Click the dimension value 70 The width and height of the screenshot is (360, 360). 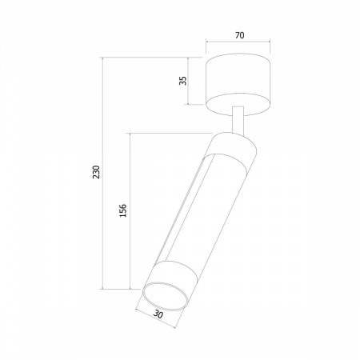(x=239, y=35)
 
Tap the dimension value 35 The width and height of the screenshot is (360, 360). (x=183, y=81)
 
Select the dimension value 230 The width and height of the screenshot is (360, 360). (x=96, y=172)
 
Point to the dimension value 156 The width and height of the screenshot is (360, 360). (x=122, y=210)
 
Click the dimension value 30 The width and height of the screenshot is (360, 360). (x=158, y=314)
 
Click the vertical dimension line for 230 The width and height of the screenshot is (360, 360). (x=103, y=173)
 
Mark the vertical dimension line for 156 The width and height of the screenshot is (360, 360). (x=130, y=211)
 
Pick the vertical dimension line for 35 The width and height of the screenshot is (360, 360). (x=188, y=81)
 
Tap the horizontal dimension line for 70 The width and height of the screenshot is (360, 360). (x=238, y=42)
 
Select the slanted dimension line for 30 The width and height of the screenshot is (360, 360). (x=155, y=318)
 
